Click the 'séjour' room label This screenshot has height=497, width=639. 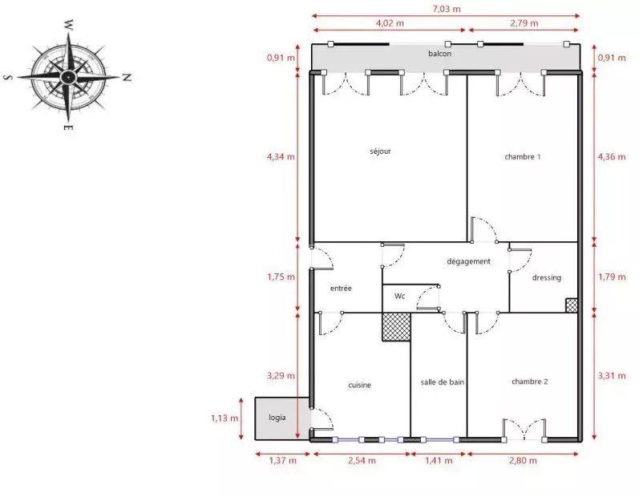click(380, 151)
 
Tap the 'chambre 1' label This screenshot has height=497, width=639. click(522, 156)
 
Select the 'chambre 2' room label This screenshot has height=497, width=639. click(529, 382)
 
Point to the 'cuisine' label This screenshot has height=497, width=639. click(359, 385)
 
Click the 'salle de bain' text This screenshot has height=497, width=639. click(443, 382)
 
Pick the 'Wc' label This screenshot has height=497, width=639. click(399, 296)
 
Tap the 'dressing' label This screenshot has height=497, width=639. click(546, 277)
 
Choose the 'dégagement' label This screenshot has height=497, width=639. click(468, 261)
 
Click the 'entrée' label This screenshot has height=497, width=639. click(341, 288)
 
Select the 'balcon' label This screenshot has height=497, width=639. click(439, 54)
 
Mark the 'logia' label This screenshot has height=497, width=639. click(277, 418)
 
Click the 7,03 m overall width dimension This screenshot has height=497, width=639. click(447, 9)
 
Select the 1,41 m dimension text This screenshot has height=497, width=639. click(437, 460)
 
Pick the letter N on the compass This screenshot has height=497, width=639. click(127, 78)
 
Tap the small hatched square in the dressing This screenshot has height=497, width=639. click(571, 305)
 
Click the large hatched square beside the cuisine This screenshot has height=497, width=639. click(395, 327)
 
